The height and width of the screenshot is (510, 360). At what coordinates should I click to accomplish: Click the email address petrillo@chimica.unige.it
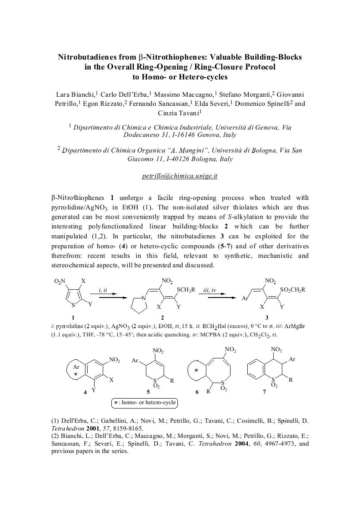180,176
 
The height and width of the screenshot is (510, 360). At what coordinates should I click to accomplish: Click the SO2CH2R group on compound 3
292,290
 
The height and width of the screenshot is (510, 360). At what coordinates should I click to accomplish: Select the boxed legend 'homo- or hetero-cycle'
145,403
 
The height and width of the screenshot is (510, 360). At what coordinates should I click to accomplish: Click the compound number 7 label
264,392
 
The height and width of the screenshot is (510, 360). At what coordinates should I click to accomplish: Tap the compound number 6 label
197,392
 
